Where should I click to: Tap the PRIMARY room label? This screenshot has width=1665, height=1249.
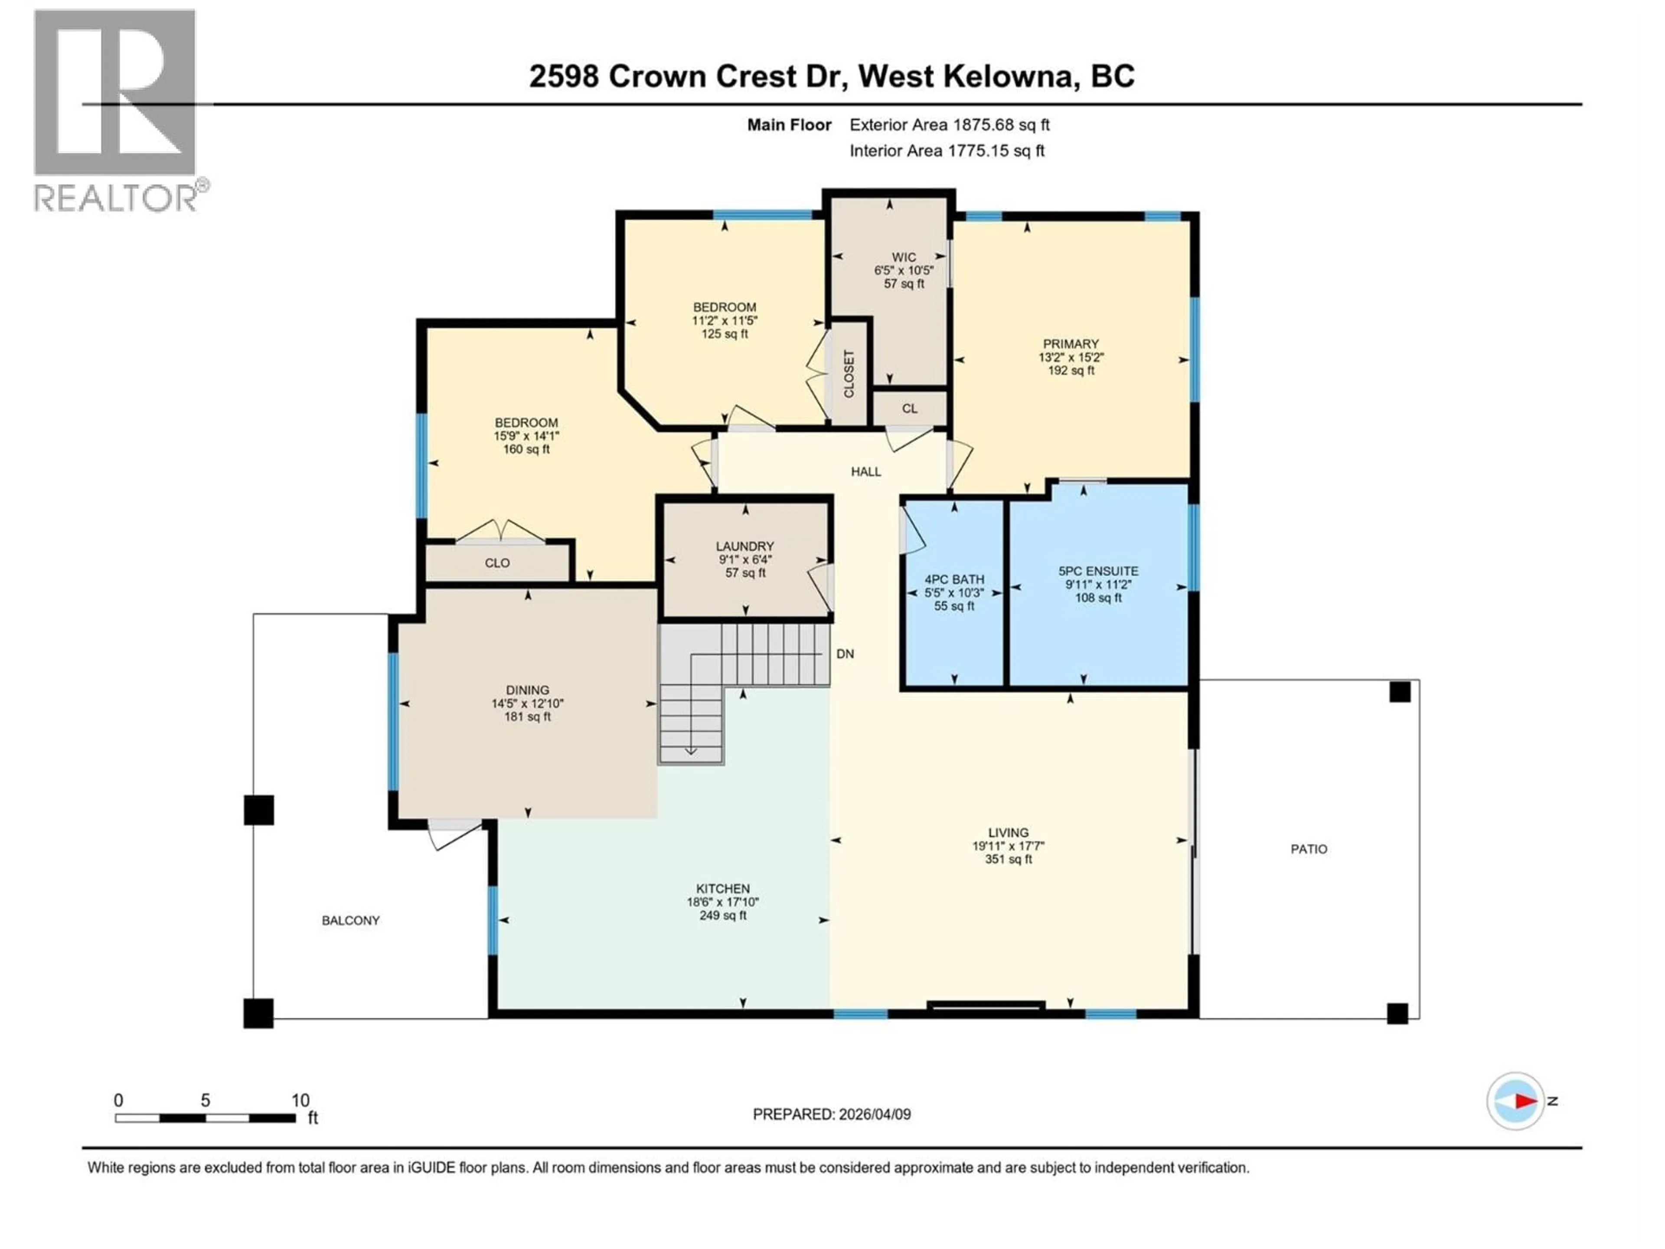point(1071,344)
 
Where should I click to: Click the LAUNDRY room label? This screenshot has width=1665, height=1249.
point(744,546)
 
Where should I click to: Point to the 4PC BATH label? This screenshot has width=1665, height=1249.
point(953,579)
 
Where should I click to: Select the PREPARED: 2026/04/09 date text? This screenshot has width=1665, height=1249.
point(832,1114)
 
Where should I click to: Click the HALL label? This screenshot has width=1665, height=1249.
point(865,472)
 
